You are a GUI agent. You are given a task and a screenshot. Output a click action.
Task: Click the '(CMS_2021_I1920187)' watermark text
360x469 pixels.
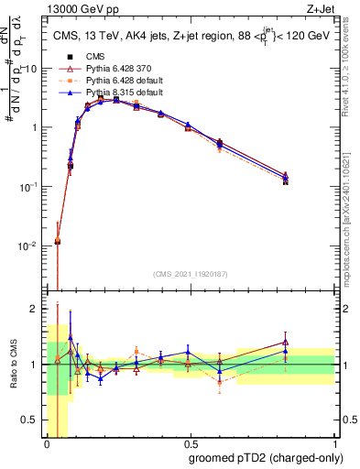[191, 274]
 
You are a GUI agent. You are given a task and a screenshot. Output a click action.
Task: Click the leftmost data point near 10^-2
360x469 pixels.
[58, 241]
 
